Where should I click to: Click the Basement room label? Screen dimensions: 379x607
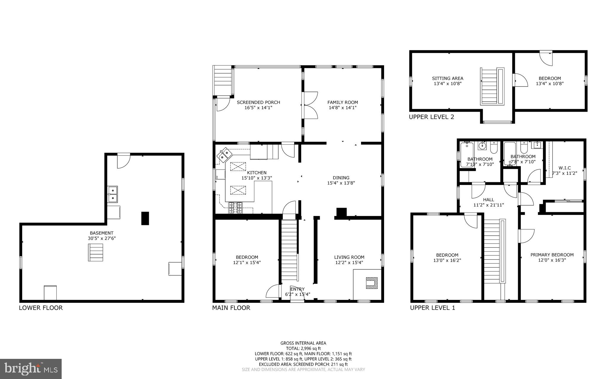(102, 233)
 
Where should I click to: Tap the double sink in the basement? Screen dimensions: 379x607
(113, 194)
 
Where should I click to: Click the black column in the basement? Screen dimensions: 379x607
(145, 218)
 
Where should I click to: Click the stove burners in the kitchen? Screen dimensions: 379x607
(236, 208)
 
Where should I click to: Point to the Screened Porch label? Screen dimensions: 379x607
(258, 103)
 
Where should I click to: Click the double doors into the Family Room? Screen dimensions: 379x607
(310, 105)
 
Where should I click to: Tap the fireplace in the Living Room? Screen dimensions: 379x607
(372, 283)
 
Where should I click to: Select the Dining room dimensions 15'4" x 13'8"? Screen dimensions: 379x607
(341, 183)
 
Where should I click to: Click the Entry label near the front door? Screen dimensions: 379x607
(297, 289)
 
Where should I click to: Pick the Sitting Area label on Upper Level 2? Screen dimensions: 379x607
(448, 79)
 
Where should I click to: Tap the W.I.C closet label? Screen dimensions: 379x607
(565, 168)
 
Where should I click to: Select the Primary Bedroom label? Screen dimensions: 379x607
(552, 255)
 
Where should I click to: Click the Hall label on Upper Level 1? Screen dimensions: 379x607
(488, 200)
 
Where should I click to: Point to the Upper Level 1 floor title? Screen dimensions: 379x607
(432, 308)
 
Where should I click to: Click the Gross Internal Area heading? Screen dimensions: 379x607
(303, 343)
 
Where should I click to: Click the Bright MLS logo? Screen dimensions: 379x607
(31, 369)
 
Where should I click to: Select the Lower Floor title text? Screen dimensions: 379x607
(41, 308)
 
